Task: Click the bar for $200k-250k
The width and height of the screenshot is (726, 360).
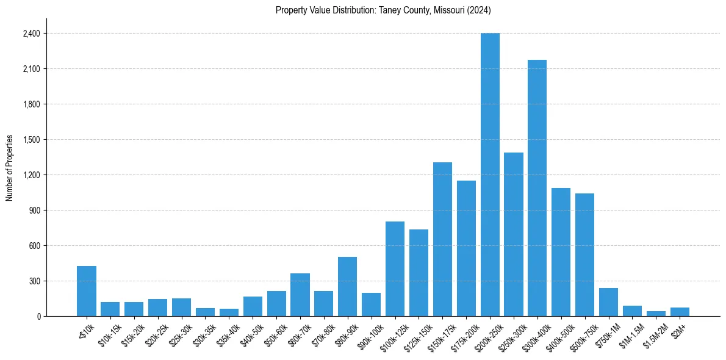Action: coord(490,175)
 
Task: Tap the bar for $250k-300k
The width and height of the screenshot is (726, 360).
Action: coord(514,234)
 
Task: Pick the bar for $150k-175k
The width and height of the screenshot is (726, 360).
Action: coord(442,239)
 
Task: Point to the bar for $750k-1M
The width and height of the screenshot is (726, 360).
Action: coord(608,302)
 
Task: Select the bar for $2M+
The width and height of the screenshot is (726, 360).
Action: coord(680,312)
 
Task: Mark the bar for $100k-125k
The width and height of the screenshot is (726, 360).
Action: coord(395,269)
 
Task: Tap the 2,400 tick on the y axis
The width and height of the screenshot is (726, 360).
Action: coord(31,34)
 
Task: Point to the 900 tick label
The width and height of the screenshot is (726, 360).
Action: coord(34,211)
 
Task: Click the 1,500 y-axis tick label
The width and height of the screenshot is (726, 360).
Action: coord(31,140)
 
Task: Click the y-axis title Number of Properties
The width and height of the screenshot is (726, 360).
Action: coord(10,168)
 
